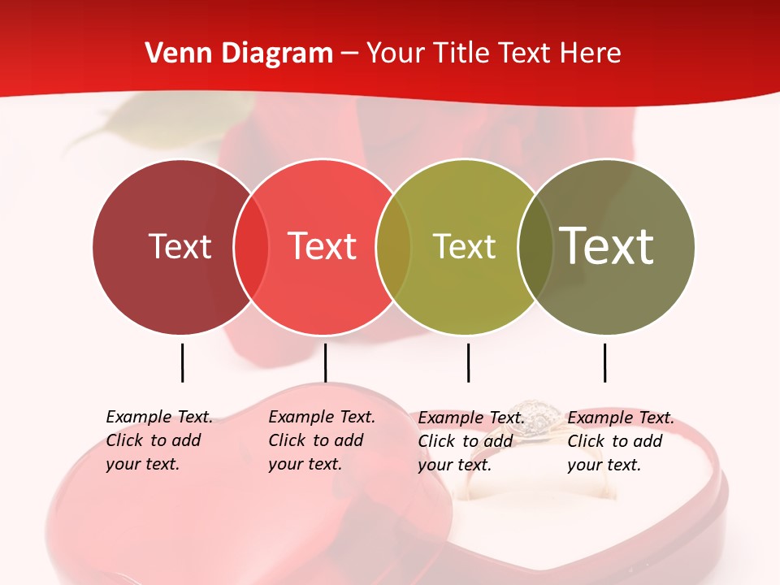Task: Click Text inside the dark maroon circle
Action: click(x=180, y=246)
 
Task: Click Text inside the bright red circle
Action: click(x=322, y=246)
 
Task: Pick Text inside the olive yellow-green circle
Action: click(x=464, y=246)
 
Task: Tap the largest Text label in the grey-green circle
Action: click(x=607, y=246)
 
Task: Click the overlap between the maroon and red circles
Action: click(x=251, y=246)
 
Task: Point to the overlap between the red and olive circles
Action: click(x=393, y=246)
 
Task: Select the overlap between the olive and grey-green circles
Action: click(x=535, y=246)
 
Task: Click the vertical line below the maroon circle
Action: click(x=182, y=362)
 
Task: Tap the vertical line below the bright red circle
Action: click(x=325, y=362)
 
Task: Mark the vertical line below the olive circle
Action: click(x=468, y=362)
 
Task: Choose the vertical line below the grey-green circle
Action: click(x=604, y=362)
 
